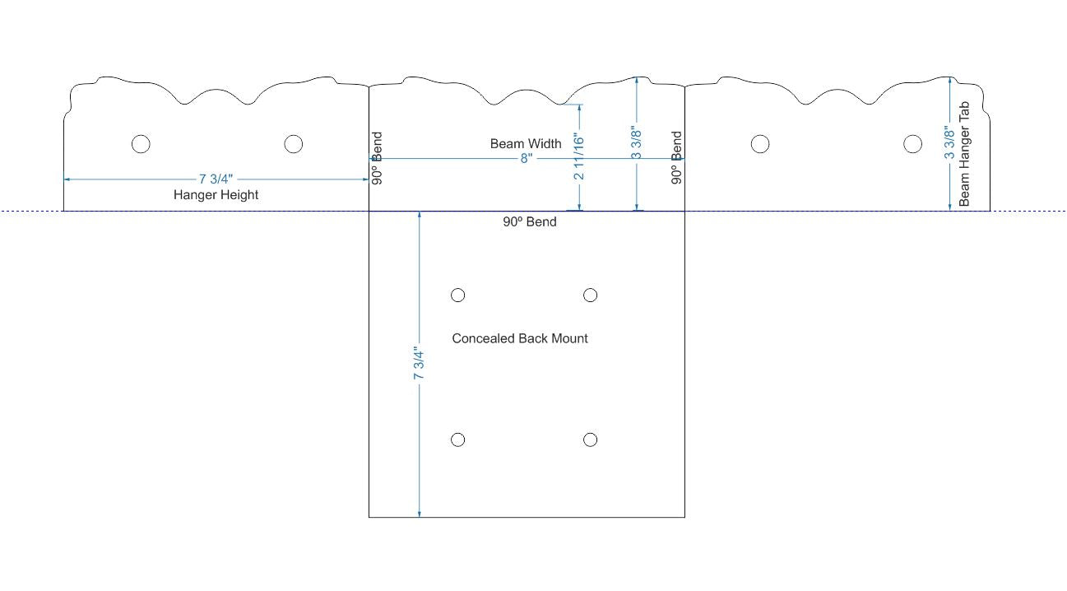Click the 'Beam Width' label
pos(526,143)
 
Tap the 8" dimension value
pos(527,158)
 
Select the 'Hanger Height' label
pos(216,195)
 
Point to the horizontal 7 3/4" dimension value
pos(216,179)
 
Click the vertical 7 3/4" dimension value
pos(419,363)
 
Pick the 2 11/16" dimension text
pos(579,156)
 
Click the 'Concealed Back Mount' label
pos(520,338)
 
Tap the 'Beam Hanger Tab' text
pos(964,153)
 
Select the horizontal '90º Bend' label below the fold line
pos(530,221)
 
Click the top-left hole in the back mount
pos(457,295)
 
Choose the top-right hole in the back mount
pos(590,295)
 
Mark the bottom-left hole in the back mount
pos(457,440)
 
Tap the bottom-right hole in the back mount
pos(590,440)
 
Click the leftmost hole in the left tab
pos(141,143)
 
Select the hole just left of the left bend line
pos(294,143)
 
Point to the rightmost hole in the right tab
pos(912,143)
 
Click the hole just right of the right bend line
pos(760,143)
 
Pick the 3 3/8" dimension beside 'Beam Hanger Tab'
pos(949,142)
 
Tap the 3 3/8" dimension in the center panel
pos(636,142)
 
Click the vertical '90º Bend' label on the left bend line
pos(377,158)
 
